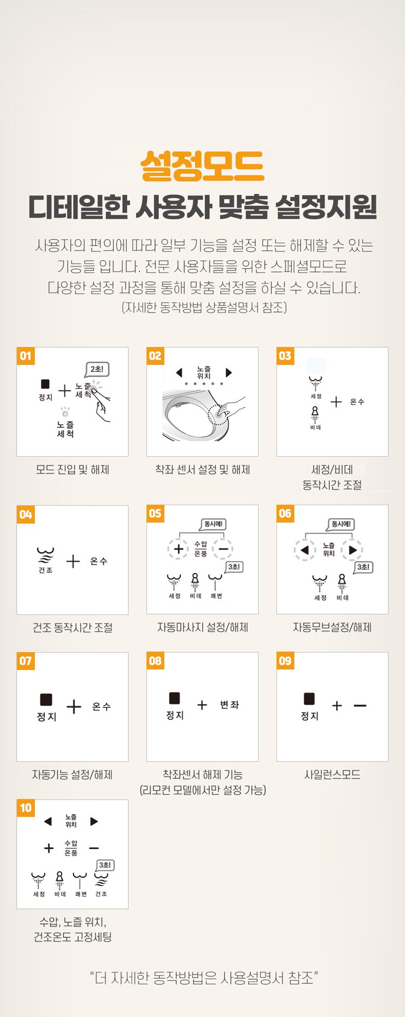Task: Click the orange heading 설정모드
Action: tap(203, 166)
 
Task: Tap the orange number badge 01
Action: tap(25, 356)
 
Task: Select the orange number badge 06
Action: tap(285, 514)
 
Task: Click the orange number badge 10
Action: tap(25, 808)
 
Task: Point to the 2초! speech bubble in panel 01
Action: tap(97, 370)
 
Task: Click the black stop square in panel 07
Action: tap(46, 700)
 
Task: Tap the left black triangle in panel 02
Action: tap(179, 373)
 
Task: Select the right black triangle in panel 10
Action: tap(94, 821)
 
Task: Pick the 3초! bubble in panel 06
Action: tap(363, 567)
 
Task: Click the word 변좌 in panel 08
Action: tap(230, 704)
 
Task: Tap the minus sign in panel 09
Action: tap(360, 706)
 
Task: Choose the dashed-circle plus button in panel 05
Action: tap(178, 549)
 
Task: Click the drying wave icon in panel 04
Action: tap(45, 554)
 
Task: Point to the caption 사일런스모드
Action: tap(332, 775)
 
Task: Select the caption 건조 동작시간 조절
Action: tap(73, 628)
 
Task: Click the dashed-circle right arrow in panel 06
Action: tap(353, 550)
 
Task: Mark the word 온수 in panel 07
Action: tap(101, 707)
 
